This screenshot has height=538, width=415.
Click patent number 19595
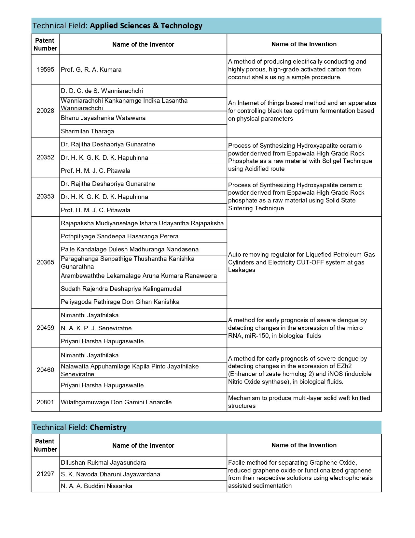tap(46, 70)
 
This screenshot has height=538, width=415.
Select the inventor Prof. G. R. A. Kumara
tap(91, 70)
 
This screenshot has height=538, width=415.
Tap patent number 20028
tap(46, 111)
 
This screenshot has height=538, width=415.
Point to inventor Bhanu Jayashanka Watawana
tap(103, 118)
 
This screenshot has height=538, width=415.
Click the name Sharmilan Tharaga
tap(88, 131)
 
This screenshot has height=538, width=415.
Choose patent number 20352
tap(46, 157)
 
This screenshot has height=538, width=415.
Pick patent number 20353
tap(46, 197)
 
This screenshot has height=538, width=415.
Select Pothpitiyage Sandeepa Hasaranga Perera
tap(119, 236)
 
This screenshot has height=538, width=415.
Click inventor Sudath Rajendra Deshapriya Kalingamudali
tap(122, 289)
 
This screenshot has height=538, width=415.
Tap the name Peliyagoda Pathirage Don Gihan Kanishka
tap(120, 302)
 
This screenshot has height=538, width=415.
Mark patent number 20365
tap(46, 262)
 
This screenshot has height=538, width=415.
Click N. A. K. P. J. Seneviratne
tap(96, 328)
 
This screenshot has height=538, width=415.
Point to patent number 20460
tap(46, 370)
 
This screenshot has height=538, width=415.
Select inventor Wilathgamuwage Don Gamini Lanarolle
tap(116, 402)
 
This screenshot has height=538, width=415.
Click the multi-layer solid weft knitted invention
tap(299, 402)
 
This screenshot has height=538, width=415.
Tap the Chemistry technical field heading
tap(108, 427)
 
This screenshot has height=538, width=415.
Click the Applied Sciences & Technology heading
tap(146, 26)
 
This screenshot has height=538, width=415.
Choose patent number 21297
tap(46, 474)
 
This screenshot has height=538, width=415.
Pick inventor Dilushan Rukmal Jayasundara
tap(104, 463)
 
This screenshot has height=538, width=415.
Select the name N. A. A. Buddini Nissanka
tap(97, 486)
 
